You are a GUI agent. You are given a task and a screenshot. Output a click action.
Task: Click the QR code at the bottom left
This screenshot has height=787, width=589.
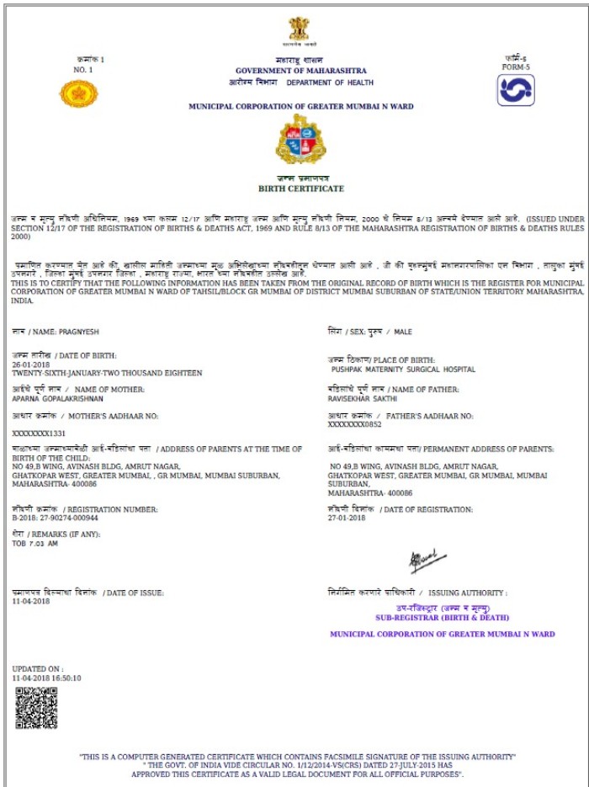[36, 708]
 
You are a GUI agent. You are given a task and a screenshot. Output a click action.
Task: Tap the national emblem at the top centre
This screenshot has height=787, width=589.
[299, 29]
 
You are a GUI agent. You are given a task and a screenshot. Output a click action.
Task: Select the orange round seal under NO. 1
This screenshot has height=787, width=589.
[78, 93]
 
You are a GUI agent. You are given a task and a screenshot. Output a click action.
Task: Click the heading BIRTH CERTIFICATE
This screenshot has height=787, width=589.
[300, 191]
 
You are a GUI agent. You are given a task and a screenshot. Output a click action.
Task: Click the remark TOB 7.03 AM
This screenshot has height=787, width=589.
[36, 544]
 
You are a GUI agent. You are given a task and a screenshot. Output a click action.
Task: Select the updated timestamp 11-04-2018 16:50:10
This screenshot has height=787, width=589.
[47, 677]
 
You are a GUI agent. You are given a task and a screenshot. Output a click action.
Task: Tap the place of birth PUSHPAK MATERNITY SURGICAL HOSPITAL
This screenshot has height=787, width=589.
[403, 370]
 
